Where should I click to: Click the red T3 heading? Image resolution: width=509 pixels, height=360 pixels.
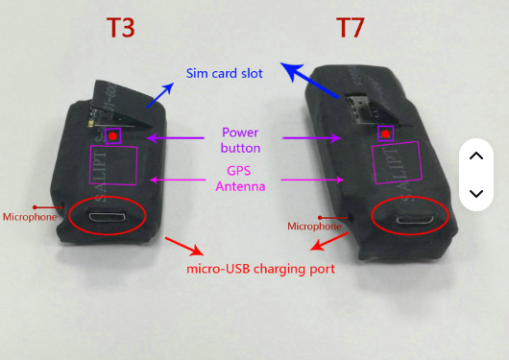click(x=119, y=28)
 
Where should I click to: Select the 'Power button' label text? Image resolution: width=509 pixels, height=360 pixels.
click(x=240, y=140)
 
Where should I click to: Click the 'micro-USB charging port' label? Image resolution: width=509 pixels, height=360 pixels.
click(x=260, y=269)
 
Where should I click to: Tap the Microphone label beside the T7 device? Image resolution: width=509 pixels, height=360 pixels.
click(x=314, y=227)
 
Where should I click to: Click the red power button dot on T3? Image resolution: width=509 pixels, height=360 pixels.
click(x=114, y=136)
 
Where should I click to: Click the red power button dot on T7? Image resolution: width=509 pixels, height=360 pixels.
click(x=385, y=133)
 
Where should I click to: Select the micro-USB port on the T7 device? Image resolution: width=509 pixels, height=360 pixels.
click(x=410, y=218)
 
